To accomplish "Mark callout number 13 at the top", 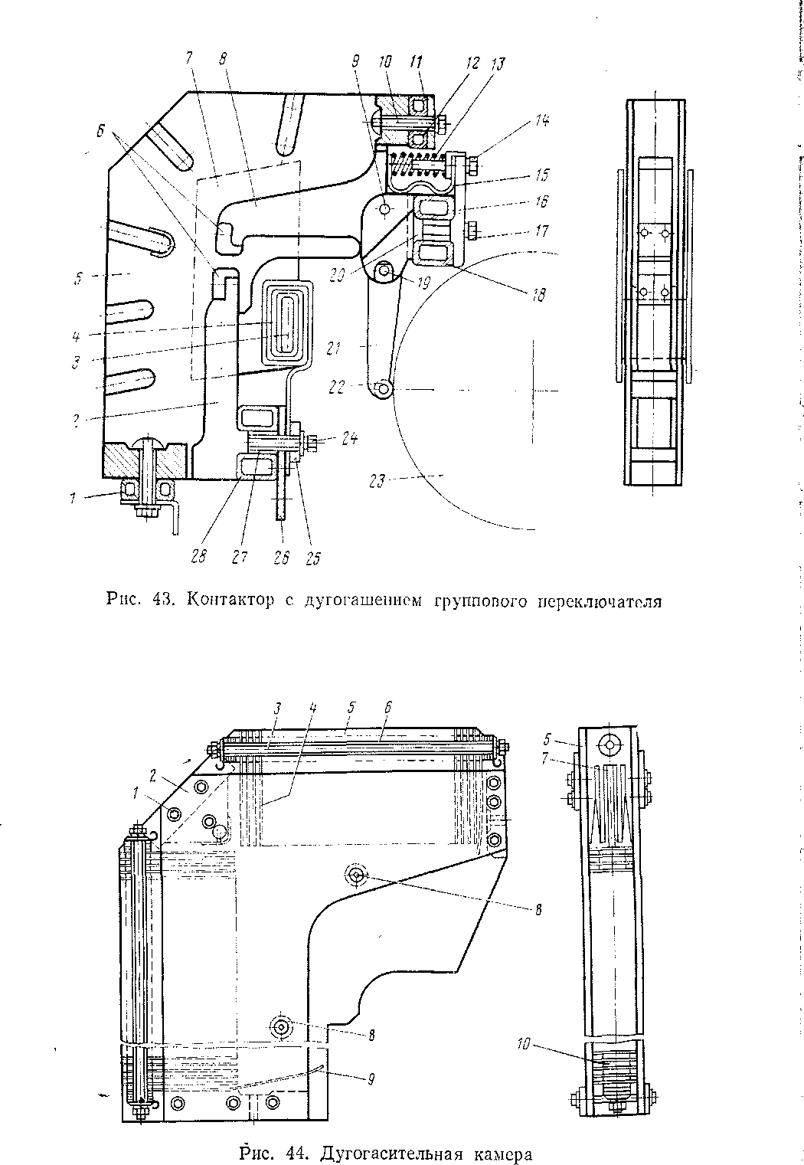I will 499,64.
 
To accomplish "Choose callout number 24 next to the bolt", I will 349,438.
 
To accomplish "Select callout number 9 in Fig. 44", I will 371,1079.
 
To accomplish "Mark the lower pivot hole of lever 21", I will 384,391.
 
